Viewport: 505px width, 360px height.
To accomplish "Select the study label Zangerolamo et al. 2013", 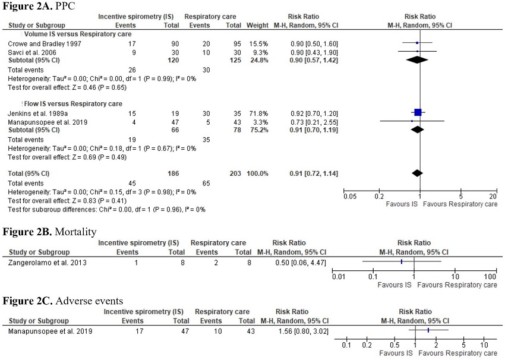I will pyautogui.click(x=47, y=261).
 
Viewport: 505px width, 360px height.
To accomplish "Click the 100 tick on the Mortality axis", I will pyautogui.click(x=491, y=277).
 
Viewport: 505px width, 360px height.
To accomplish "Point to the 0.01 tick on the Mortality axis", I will pyautogui.click(x=339, y=277).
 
